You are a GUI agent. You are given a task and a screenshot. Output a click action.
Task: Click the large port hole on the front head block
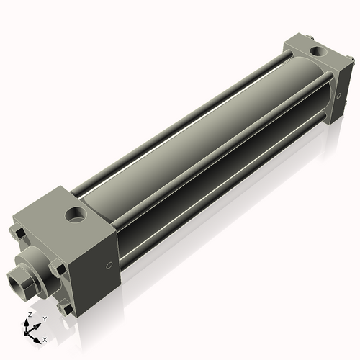click(73, 214)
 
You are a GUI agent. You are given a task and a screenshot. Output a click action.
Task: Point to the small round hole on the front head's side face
click(109, 266)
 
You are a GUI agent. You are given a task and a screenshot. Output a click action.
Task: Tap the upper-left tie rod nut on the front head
click(19, 233)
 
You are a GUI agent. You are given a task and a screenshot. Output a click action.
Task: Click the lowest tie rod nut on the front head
click(67, 308)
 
